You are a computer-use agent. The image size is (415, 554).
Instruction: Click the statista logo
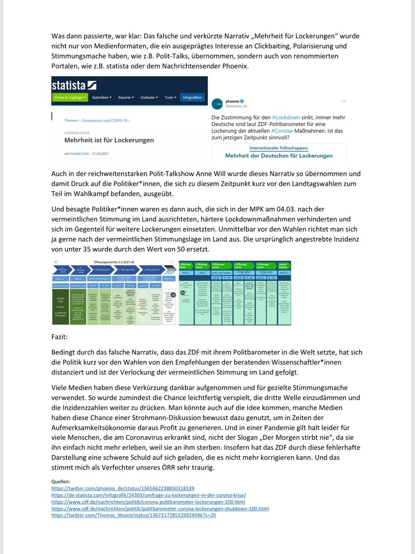coord(74,85)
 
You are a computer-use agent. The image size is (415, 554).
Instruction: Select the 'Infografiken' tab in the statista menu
coord(192,97)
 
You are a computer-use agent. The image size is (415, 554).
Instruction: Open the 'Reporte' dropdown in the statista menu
coord(126,97)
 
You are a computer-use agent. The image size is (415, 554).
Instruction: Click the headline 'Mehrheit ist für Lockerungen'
coord(109,140)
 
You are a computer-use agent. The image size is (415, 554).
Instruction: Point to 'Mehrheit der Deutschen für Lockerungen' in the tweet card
coord(279,156)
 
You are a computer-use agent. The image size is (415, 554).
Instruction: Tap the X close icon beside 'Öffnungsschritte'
coord(56,262)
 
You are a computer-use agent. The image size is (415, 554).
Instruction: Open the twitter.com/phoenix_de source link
coord(123,488)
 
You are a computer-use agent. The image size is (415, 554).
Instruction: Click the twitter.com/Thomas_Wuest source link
coord(133,515)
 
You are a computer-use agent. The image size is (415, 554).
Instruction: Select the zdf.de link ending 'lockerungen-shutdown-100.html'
coord(160,508)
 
